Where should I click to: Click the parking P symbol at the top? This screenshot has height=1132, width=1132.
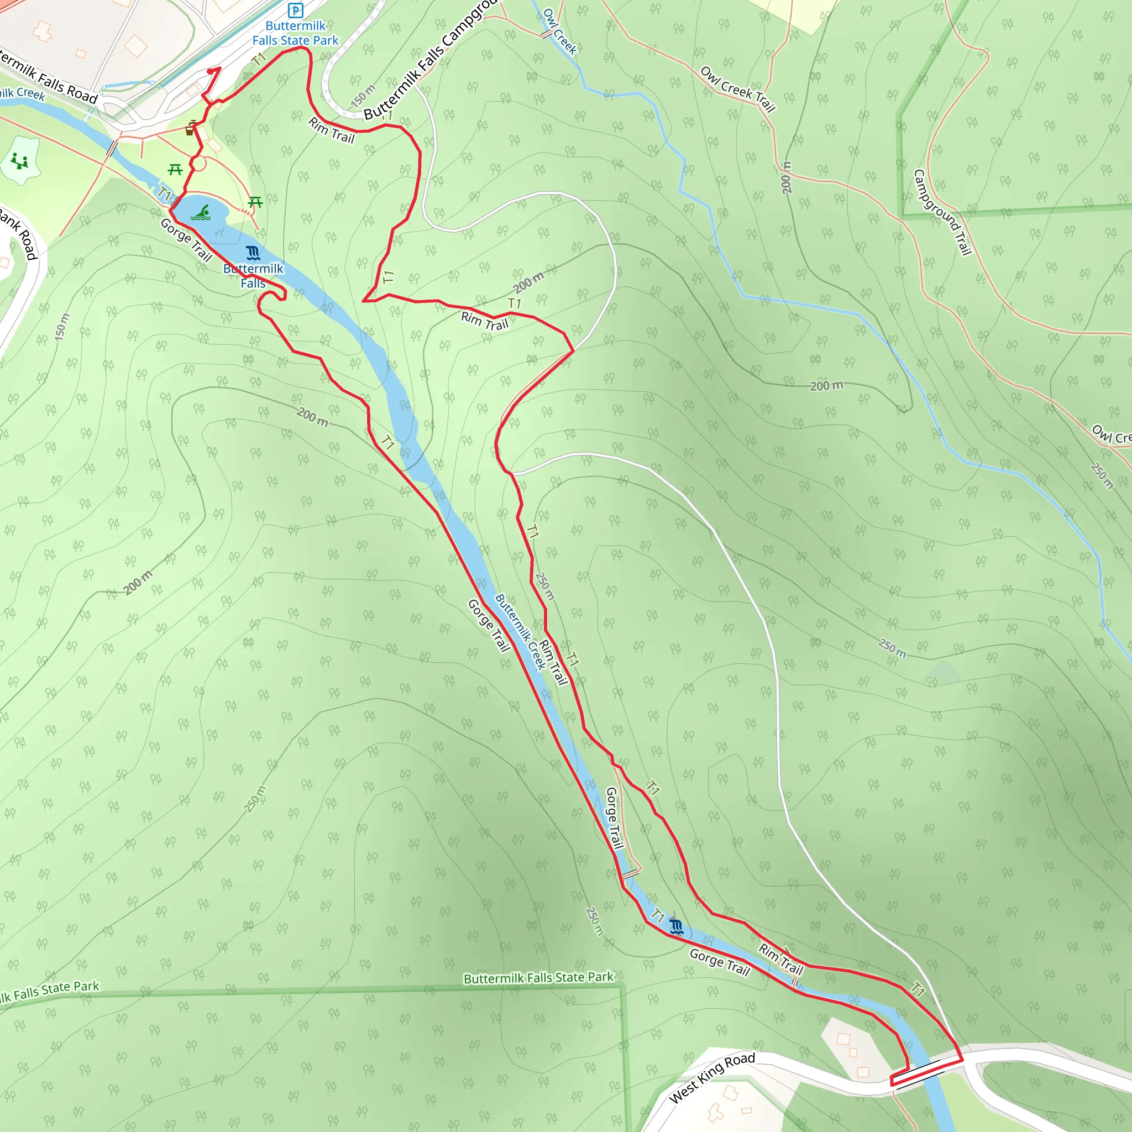[x=295, y=10]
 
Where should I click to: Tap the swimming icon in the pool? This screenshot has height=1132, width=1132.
[x=201, y=213]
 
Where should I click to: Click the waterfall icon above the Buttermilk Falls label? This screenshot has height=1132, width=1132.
[x=253, y=253]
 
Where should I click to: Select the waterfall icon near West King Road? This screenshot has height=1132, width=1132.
[x=676, y=926]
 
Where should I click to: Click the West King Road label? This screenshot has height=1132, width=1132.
[x=712, y=1077]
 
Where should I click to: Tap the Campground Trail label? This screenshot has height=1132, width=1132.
[x=942, y=212]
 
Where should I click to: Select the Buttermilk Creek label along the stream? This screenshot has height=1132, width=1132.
[x=520, y=632]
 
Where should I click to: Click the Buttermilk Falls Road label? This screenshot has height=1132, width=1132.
[x=47, y=76]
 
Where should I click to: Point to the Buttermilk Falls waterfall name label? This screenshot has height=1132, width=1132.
[x=253, y=276]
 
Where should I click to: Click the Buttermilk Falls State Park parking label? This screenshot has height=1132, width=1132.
[x=295, y=33]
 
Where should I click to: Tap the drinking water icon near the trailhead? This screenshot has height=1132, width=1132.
[x=190, y=129]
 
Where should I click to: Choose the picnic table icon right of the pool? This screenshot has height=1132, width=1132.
[x=255, y=203]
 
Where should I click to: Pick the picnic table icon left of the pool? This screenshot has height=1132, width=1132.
[x=175, y=170]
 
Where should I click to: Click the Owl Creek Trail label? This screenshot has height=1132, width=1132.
[x=738, y=89]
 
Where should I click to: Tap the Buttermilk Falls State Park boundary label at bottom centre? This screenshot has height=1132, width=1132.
[x=538, y=978]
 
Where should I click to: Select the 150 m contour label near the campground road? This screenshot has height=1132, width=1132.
[x=363, y=96]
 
